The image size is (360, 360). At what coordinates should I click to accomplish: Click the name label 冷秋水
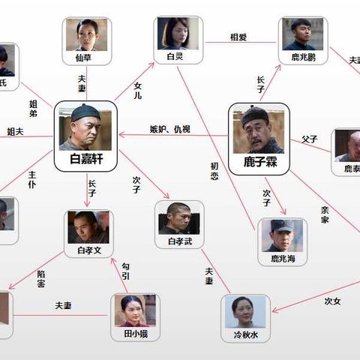245,334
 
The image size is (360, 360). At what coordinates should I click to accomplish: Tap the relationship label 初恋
214,169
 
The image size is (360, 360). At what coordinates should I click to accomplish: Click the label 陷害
41,279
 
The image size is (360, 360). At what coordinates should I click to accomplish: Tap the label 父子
310,139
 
